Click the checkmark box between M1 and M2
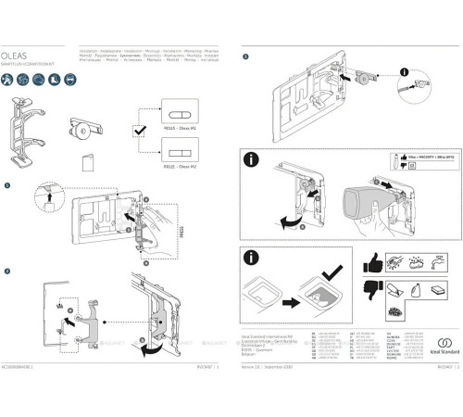coord(138,133)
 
